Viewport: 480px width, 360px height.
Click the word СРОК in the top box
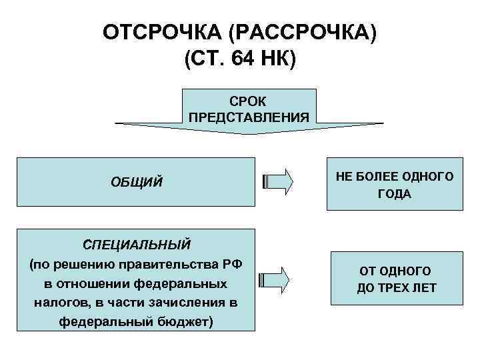248,101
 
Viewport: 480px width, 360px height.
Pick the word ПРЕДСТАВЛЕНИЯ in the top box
248,117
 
